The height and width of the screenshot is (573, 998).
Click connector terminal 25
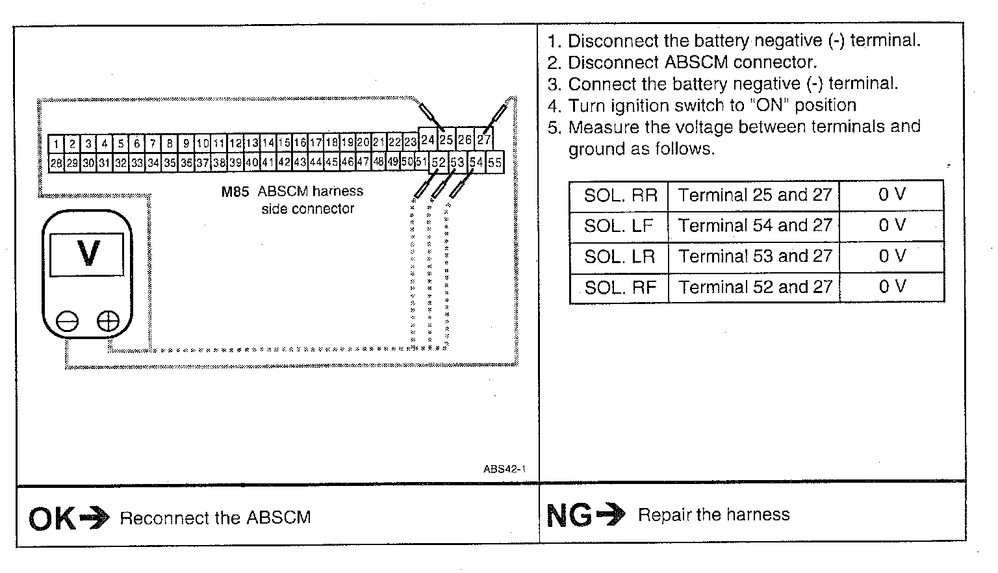coord(446,140)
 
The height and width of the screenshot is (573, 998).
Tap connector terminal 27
coord(484,140)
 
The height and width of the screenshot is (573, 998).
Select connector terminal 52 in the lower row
coord(439,162)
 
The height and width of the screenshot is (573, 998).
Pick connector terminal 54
coord(477,162)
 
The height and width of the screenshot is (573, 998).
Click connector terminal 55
coord(495,162)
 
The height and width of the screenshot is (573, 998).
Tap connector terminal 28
coord(56,163)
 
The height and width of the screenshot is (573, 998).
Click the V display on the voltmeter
coord(87,253)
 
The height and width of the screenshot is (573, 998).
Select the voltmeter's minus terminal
coord(67,322)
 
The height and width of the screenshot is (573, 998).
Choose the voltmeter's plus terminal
coord(108,322)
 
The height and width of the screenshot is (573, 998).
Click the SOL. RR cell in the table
coord(620,195)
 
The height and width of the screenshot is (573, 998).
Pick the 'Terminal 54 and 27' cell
coord(754,225)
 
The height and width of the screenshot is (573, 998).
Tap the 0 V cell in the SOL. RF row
coord(891,286)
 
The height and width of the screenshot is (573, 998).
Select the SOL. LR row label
coord(620,256)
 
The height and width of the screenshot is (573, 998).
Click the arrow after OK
coord(94,518)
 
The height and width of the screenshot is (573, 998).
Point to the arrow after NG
coord(611,515)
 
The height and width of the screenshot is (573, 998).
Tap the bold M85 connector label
coord(235,192)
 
